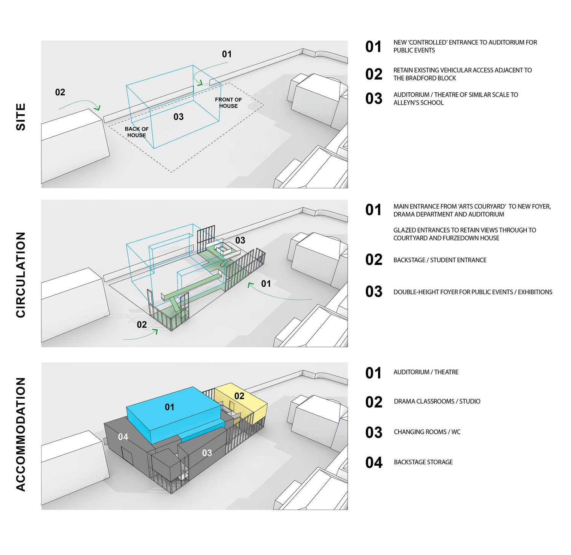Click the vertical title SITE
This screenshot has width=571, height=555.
(21, 117)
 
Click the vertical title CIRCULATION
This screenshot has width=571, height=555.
(21, 274)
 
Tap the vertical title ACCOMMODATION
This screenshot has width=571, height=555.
(21, 434)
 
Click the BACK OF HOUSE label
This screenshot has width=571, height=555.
(137, 132)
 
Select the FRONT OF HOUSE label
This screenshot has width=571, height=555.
(228, 103)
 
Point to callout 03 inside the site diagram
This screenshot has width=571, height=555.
(179, 117)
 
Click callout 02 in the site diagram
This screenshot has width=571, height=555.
(60, 92)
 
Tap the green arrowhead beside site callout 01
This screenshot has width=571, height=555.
(199, 82)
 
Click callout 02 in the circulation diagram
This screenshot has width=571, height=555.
(142, 324)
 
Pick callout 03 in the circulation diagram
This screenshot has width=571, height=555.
(240, 240)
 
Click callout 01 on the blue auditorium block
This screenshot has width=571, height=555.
(169, 407)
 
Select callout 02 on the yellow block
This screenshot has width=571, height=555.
(239, 396)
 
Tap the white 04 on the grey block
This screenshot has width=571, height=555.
(123, 437)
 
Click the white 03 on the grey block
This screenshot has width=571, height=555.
(207, 453)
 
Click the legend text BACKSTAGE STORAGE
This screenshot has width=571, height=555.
(423, 462)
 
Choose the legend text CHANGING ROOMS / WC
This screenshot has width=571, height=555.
(427, 432)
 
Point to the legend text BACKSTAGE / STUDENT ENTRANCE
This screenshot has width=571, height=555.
(440, 260)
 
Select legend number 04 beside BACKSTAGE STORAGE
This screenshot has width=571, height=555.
(373, 462)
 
